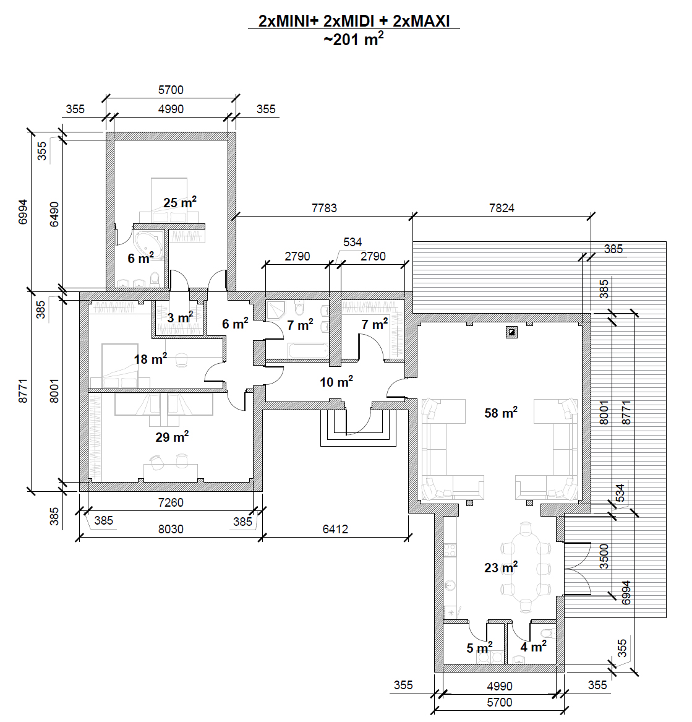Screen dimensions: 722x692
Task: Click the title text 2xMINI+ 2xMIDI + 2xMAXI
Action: (x=354, y=21)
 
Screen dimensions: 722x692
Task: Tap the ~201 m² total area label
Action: (x=354, y=40)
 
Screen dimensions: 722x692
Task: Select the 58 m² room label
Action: (x=500, y=413)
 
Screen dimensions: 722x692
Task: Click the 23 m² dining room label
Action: (x=500, y=567)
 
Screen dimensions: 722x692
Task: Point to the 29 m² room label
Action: (x=172, y=437)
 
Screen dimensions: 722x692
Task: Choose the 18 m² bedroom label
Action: (x=150, y=359)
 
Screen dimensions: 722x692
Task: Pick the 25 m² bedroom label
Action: (x=180, y=202)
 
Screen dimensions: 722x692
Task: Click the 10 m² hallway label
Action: (x=336, y=382)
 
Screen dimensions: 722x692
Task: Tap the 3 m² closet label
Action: (x=180, y=317)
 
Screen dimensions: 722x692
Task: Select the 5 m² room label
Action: (x=479, y=648)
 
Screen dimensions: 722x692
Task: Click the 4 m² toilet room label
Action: (x=533, y=647)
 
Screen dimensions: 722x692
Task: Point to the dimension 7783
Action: (x=324, y=208)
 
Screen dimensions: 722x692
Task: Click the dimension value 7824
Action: (x=502, y=208)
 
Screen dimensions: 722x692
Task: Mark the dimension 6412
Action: (x=335, y=529)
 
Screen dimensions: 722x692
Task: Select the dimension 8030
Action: (x=171, y=529)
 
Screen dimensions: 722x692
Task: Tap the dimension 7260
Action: (x=171, y=502)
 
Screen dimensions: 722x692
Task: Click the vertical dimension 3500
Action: (x=604, y=556)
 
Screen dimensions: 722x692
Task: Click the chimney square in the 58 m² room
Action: (x=511, y=332)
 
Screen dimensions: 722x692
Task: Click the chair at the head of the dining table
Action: (x=526, y=530)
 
